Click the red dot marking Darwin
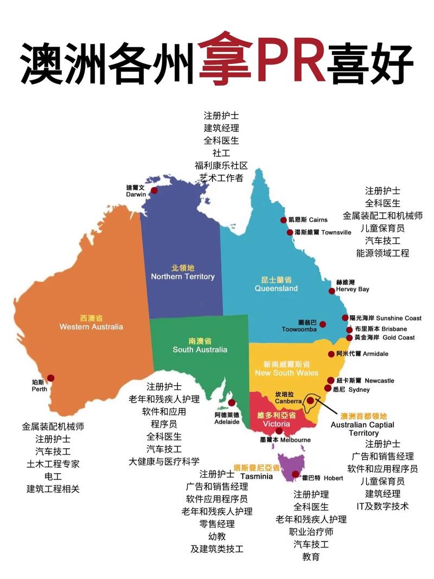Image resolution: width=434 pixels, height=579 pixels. pos(155,190)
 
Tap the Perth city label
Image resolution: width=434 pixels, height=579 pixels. pos(40,386)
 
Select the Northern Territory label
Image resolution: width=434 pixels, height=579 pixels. pos(183,272)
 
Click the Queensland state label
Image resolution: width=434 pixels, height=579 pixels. pos(277,284)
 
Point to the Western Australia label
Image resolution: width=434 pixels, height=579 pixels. pos(91,322)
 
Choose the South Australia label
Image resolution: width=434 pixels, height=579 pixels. pos(200,346)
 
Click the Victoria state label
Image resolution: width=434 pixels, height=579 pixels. pos(277,419)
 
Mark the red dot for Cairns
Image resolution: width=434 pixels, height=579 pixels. pos(283,220)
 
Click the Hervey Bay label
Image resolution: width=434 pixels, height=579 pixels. pos(353,286)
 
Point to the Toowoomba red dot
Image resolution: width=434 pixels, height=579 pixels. pos(323,325)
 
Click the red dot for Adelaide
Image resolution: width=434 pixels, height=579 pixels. pos(232,403)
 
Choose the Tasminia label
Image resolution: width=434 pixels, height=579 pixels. pos(256,472)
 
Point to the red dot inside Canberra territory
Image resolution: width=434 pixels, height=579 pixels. pos(310,400)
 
